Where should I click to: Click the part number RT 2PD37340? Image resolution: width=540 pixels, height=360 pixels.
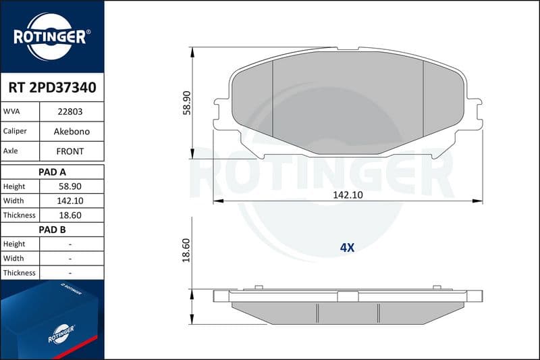(53, 88)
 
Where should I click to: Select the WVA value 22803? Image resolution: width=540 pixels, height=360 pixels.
(70, 111)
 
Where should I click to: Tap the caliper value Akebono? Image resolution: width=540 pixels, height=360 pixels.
(72, 131)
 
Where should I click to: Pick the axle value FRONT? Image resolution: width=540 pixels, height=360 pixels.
(70, 151)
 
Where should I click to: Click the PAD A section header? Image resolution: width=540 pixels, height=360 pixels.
(52, 172)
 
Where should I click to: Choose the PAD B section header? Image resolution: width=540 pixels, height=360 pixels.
(52, 230)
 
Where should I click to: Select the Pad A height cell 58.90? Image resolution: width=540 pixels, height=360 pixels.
(70, 186)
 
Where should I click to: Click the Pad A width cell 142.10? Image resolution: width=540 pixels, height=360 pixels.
(70, 201)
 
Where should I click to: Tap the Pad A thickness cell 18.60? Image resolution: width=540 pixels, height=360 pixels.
(70, 215)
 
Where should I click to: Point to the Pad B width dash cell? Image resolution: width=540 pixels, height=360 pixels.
(70, 259)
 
